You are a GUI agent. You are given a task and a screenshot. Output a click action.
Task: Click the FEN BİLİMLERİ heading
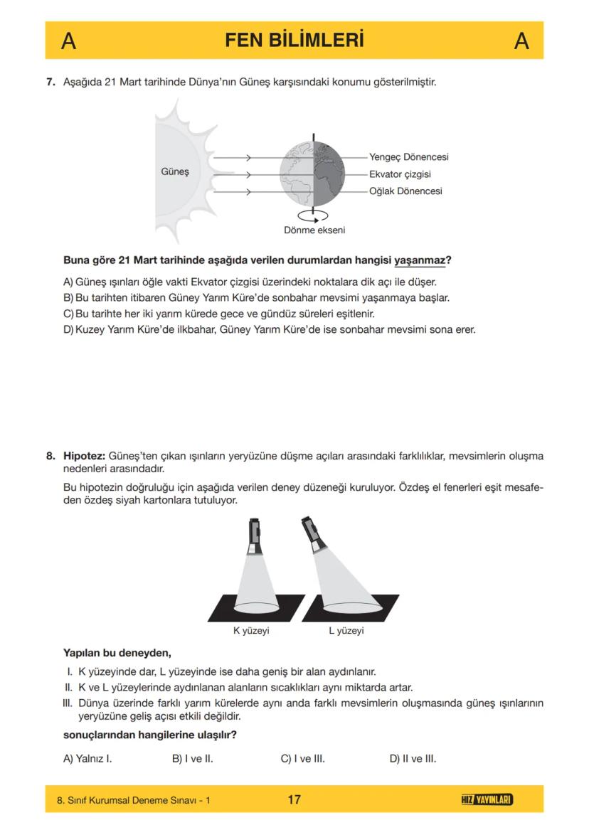point(294,41)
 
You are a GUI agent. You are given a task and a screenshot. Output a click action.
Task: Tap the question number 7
point(51,82)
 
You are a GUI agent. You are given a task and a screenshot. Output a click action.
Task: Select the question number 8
point(51,455)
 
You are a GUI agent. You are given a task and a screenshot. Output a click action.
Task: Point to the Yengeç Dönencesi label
point(408,157)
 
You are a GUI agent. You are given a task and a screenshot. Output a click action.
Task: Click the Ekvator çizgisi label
point(400,174)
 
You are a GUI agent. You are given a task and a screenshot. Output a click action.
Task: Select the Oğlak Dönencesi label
point(405,191)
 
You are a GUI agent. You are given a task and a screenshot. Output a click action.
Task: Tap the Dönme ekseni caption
point(310,230)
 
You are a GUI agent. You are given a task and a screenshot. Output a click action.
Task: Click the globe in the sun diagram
point(312,174)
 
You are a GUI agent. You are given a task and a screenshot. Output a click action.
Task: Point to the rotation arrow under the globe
point(312,215)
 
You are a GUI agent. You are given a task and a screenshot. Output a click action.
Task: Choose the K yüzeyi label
point(251,631)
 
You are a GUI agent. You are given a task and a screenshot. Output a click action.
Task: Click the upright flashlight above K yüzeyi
point(255,536)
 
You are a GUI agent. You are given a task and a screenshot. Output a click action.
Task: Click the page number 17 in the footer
point(294,800)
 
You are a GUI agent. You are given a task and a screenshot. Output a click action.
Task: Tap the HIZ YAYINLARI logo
point(487,800)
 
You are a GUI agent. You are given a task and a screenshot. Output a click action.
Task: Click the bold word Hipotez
point(85,455)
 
